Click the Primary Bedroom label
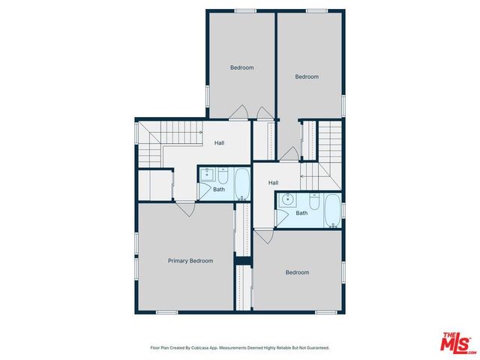pos(190,261)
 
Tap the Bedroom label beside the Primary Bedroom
pos(297,272)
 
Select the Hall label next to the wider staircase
pos(220,143)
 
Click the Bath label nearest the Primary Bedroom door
pos(219,189)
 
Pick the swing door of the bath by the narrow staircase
pos(281,217)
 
